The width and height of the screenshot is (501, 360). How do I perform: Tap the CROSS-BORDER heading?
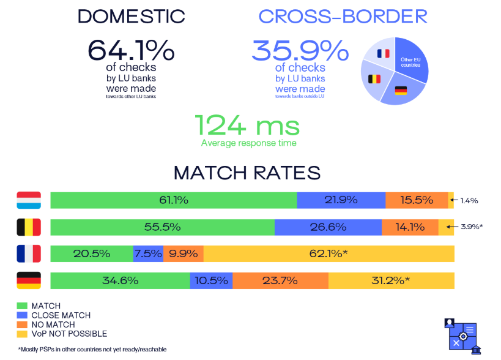(x=343, y=17)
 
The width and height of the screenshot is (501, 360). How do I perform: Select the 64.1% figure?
(x=130, y=50)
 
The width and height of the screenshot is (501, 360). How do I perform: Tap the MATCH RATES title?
(x=247, y=173)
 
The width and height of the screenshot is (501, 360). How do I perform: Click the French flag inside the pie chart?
(x=384, y=53)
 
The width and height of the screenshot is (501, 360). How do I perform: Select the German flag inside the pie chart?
(x=401, y=91)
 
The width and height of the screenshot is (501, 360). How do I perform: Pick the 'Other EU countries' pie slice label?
(x=410, y=62)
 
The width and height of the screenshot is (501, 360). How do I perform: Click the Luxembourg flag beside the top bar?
(x=29, y=200)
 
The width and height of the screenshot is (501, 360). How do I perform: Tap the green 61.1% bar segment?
(x=174, y=200)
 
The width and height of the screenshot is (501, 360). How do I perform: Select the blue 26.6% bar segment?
(x=328, y=227)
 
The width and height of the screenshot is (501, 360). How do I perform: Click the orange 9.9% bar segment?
(x=184, y=253)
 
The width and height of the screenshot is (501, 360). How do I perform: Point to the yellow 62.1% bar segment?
(x=329, y=253)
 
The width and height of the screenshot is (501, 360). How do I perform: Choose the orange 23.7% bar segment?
(x=280, y=281)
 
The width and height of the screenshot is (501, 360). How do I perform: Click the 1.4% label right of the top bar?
(x=469, y=200)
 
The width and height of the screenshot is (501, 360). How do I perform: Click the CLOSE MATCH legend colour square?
(x=22, y=315)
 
